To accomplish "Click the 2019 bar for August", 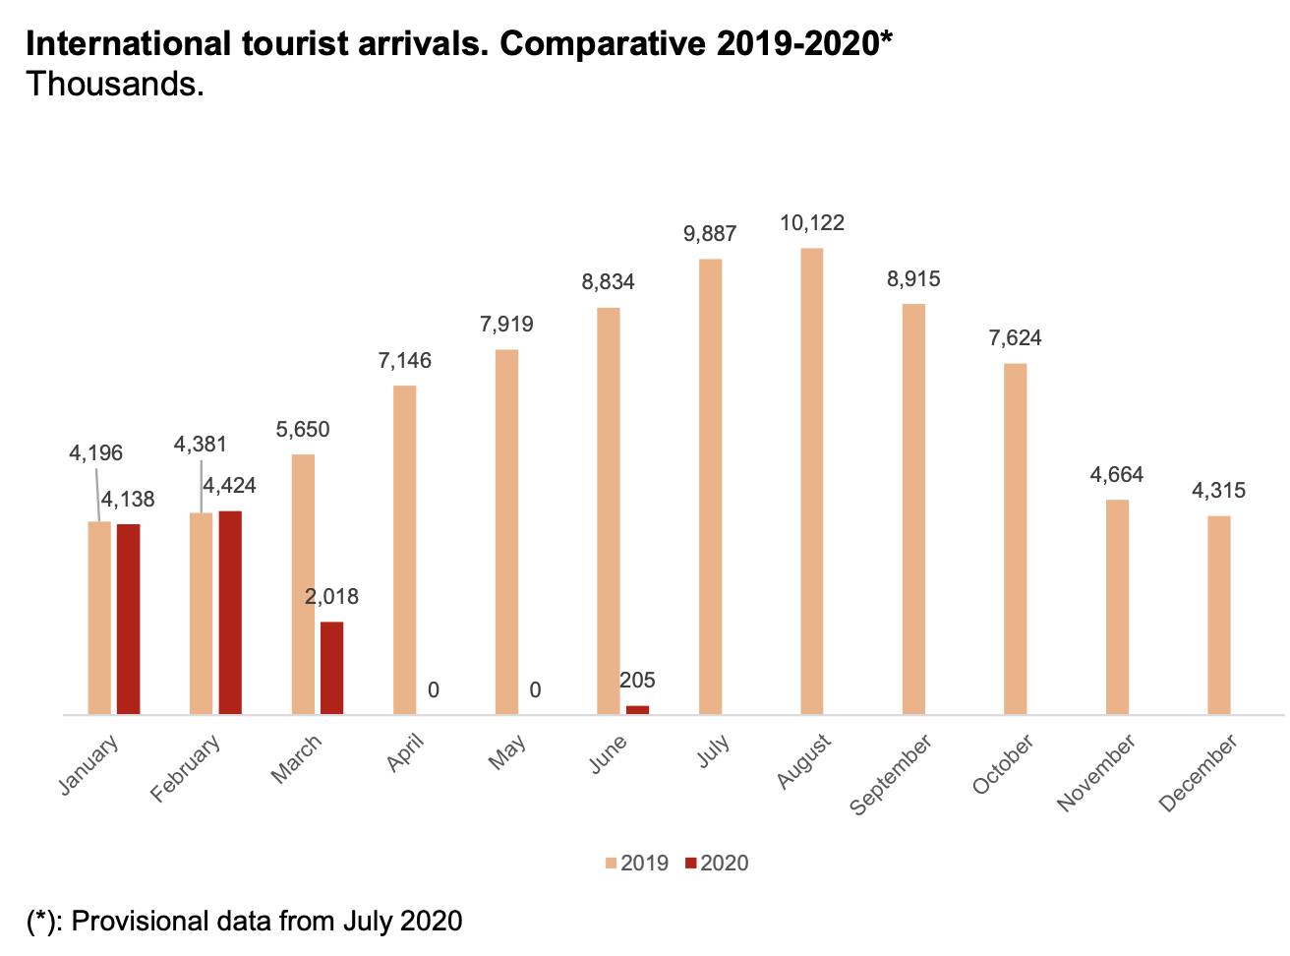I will pyautogui.click(x=811, y=481).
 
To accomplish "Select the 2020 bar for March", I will pyautogui.click(x=332, y=668).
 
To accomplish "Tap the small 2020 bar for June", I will pyautogui.click(x=637, y=709).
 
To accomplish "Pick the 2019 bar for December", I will pyautogui.click(x=1218, y=615).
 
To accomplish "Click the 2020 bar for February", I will pyautogui.click(x=230, y=612).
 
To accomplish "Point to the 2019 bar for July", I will pyautogui.click(x=710, y=486).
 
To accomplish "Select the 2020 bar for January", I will pyautogui.click(x=128, y=619).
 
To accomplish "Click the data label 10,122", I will pyautogui.click(x=811, y=223).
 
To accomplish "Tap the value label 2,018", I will pyautogui.click(x=331, y=597).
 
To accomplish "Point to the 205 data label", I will pyautogui.click(x=637, y=681).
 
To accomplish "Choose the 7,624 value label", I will pyautogui.click(x=1015, y=338).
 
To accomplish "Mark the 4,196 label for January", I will pyautogui.click(x=95, y=453).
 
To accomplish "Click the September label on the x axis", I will pyautogui.click(x=891, y=775).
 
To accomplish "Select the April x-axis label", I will pyautogui.click(x=405, y=752).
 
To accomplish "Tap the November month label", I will pyautogui.click(x=1096, y=772).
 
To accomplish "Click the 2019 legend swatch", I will pyautogui.click(x=611, y=864).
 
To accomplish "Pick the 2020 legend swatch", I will pyautogui.click(x=690, y=864).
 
